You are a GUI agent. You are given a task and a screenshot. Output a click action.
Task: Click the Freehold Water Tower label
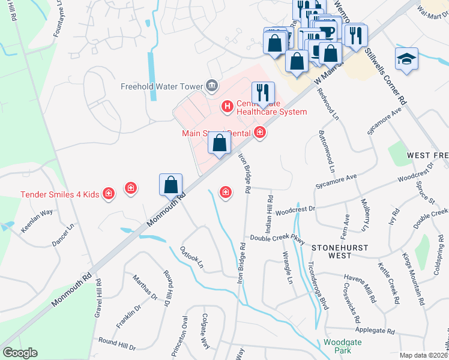tap(161, 85)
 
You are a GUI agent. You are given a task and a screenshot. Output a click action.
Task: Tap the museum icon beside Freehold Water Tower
tap(211, 86)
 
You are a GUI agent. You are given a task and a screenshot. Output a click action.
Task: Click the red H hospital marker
tap(228, 107)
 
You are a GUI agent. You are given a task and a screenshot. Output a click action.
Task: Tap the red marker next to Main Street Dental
tap(259, 132)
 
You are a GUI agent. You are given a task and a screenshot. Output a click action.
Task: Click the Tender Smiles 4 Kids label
tap(59, 194)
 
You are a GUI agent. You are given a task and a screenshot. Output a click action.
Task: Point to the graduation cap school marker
tap(406, 59)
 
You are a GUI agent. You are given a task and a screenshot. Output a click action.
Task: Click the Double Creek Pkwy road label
tap(278, 238)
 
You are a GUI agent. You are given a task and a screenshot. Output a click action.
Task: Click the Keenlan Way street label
tap(37, 212)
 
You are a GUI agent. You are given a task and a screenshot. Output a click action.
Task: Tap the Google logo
tap(20, 353)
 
